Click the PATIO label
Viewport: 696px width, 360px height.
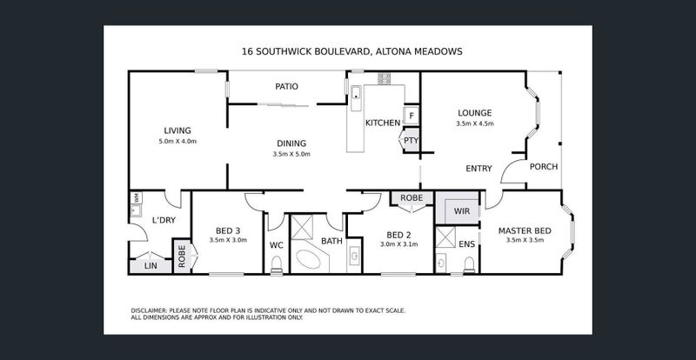pos(287,87)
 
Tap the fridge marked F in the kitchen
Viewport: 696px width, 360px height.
pos(412,116)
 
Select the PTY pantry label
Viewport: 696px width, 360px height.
pos(411,141)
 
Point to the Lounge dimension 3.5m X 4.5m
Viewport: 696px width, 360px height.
pos(475,123)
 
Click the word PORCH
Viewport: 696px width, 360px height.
pos(544,167)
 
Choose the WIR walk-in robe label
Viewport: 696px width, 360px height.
pos(462,211)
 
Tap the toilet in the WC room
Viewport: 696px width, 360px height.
pos(277,265)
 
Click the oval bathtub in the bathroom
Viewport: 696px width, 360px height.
pos(309,259)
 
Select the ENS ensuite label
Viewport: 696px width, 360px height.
pos(466,244)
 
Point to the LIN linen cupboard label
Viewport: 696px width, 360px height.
pos(151,266)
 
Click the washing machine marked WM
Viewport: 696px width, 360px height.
pos(136,197)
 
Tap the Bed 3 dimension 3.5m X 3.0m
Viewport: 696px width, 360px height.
pos(228,240)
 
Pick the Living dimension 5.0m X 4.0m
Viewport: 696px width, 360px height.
pos(177,142)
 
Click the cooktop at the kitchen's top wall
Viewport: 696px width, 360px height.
pos(385,78)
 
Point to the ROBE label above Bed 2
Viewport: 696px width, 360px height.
pos(412,198)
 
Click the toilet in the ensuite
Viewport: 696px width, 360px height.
pos(469,265)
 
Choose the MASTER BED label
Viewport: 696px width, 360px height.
pos(525,230)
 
